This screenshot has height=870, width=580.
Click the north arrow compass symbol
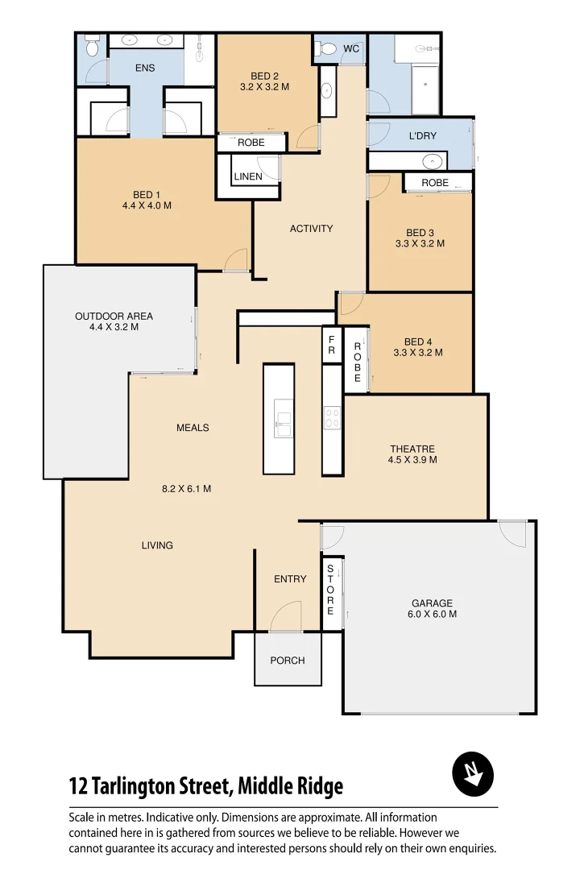point(473,775)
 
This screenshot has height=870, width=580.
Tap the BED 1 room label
point(147,194)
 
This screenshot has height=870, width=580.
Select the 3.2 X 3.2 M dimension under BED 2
point(264,87)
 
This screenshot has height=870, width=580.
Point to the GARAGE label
point(432,603)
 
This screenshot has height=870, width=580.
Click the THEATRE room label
point(412,449)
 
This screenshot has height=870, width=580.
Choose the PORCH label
point(288,661)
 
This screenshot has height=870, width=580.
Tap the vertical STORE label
point(330,590)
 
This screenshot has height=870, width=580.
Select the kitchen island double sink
point(283,425)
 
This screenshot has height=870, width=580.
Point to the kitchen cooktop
point(332,417)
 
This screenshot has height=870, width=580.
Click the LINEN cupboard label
point(248,176)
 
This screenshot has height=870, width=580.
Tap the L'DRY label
point(422,136)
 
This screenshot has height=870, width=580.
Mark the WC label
point(351,49)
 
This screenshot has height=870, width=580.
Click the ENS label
point(145,68)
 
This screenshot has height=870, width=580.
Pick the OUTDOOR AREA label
point(114,316)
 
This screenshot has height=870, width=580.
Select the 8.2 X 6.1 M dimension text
point(187,488)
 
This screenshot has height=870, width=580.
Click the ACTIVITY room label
point(311,229)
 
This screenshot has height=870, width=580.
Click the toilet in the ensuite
point(92,48)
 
